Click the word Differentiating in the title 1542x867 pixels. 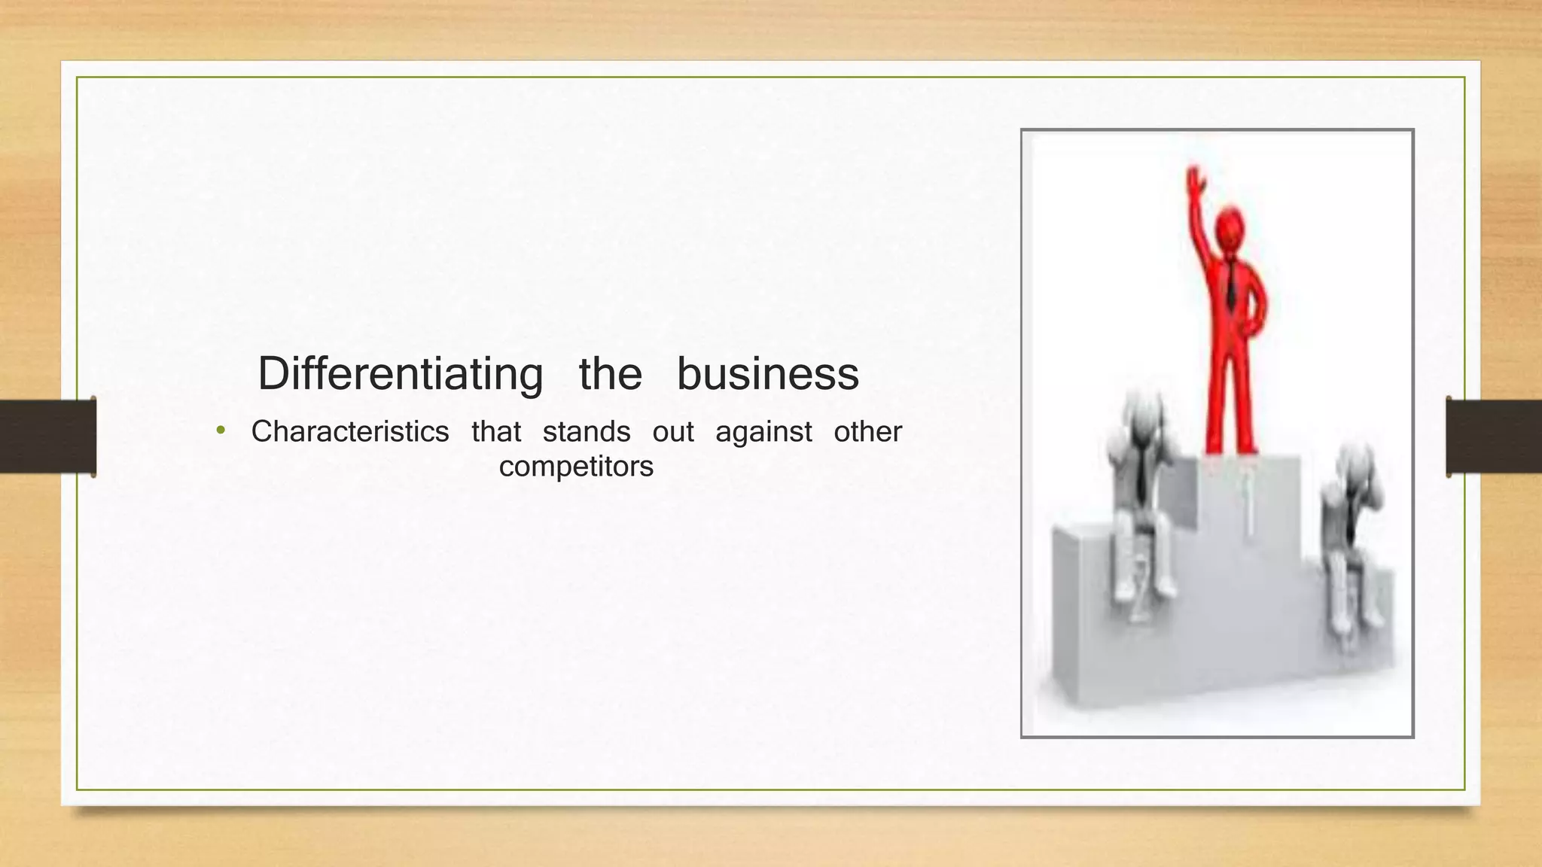[x=400, y=374]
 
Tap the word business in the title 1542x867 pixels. [x=767, y=374]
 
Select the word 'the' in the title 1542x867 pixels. [x=610, y=374]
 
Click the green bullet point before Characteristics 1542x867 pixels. [x=221, y=430]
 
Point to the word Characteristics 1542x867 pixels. [x=350, y=432]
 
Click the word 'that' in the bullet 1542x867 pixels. [x=496, y=432]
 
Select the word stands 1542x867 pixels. [x=587, y=432]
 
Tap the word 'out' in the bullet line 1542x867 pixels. [x=673, y=432]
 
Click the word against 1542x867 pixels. [x=763, y=433]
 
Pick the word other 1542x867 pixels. [x=867, y=432]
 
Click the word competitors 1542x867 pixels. [x=576, y=467]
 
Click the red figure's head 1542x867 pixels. [x=1230, y=230]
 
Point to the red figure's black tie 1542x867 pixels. [x=1231, y=286]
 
